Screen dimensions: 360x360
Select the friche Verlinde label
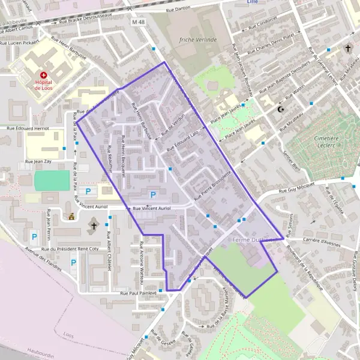pos(197,40)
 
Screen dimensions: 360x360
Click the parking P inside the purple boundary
pos(152,195)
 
